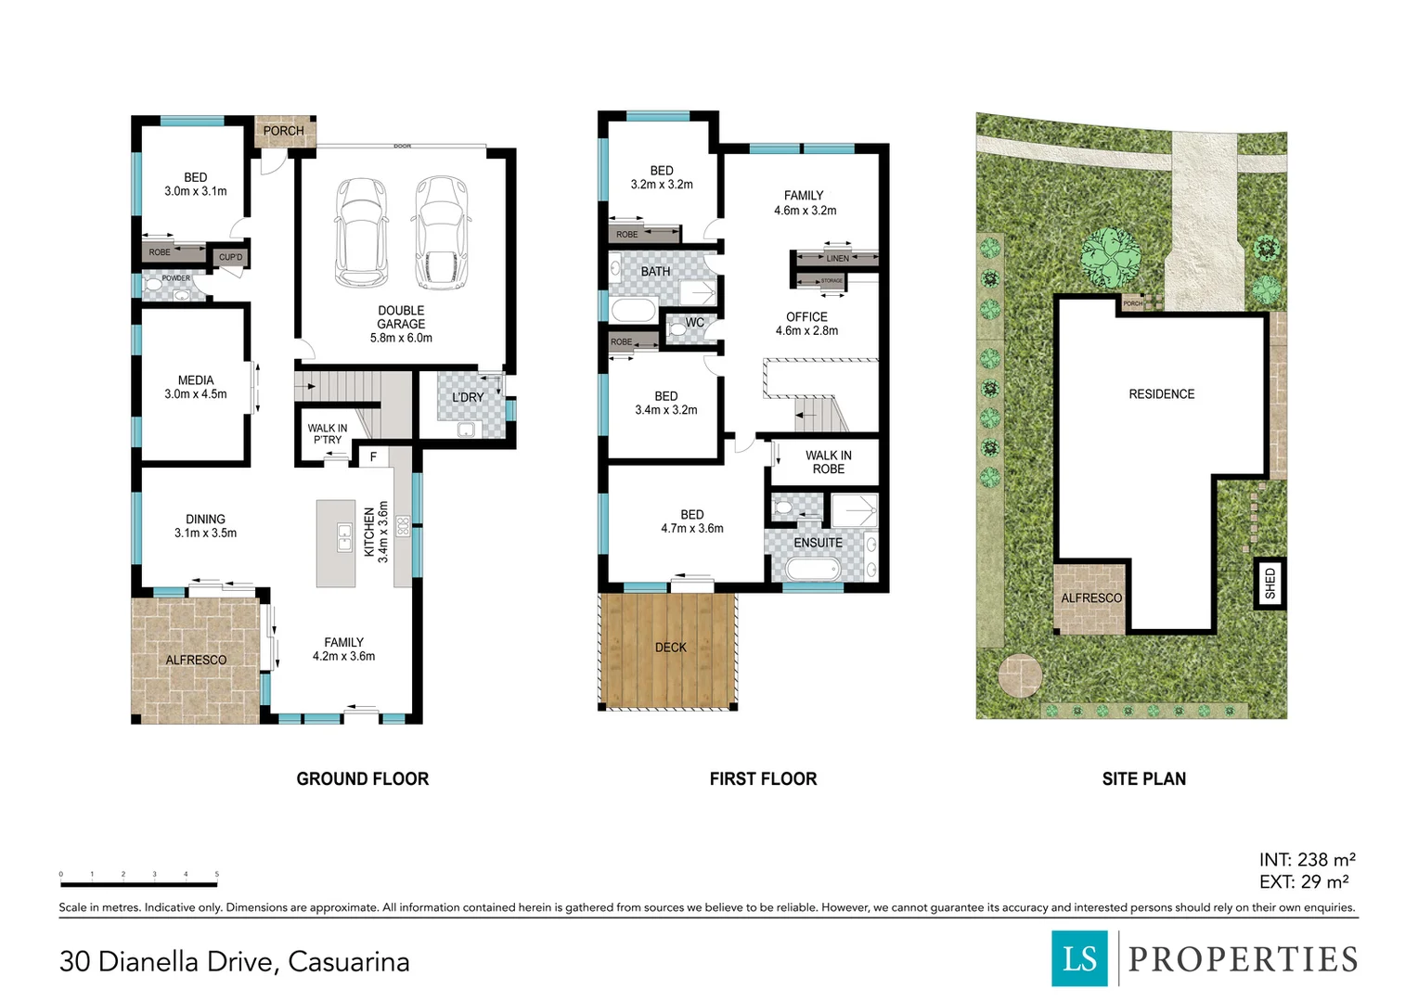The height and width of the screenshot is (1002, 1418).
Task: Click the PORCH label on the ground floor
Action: [x=283, y=131]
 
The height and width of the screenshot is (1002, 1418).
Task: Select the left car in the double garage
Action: [x=361, y=233]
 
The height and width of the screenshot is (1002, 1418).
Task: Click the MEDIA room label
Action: [x=196, y=387]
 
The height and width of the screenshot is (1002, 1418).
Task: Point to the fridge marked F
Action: [x=373, y=456]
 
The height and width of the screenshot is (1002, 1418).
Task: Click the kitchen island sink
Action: [x=344, y=538]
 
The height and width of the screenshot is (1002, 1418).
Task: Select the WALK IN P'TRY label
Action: [x=328, y=434]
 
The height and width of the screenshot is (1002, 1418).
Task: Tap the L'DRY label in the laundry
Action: [x=468, y=397]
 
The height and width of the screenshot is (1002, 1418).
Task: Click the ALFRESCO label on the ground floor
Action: [x=196, y=660]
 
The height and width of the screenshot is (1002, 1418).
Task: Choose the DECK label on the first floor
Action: [x=670, y=648]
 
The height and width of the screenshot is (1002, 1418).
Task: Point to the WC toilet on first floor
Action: [x=677, y=328]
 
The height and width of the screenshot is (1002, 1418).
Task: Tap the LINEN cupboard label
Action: [x=837, y=258]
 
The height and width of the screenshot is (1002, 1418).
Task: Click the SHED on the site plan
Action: [x=1270, y=583]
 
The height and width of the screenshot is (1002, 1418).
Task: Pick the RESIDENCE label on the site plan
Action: [x=1161, y=394]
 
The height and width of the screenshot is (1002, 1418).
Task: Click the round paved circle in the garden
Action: [x=1019, y=674]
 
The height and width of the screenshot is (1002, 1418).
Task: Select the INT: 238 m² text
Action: [x=1307, y=860]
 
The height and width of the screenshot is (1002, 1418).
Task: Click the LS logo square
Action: [x=1079, y=958]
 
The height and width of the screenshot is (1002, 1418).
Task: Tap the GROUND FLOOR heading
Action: [x=362, y=779]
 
